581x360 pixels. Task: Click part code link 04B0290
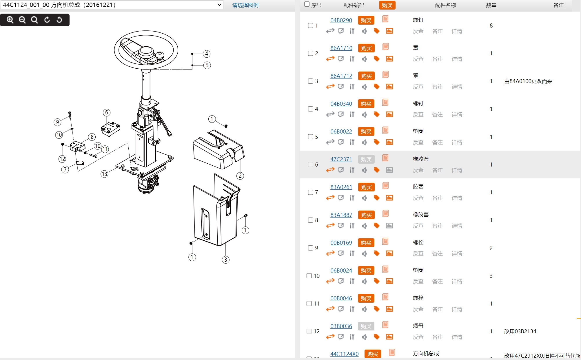click(x=341, y=20)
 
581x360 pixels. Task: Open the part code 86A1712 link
click(x=341, y=76)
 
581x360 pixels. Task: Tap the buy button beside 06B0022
click(x=366, y=131)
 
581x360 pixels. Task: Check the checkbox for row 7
click(x=310, y=192)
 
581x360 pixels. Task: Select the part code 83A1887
click(x=341, y=215)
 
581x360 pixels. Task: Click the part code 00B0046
click(x=341, y=298)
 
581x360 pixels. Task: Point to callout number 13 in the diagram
click(x=104, y=174)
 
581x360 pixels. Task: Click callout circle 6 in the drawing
click(x=107, y=112)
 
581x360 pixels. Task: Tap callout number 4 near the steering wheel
click(x=207, y=54)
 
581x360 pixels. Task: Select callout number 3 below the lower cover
click(x=226, y=260)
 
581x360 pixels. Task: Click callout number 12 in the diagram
click(x=62, y=159)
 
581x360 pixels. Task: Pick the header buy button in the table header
click(x=387, y=5)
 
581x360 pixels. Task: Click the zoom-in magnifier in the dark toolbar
click(x=10, y=20)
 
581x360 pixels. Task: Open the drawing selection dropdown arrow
click(x=219, y=5)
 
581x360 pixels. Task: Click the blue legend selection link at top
click(x=245, y=5)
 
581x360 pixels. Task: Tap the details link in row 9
click(x=457, y=253)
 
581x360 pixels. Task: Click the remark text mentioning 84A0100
click(x=528, y=81)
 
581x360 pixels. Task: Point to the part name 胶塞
click(x=418, y=187)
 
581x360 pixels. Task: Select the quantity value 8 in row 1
click(x=491, y=25)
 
